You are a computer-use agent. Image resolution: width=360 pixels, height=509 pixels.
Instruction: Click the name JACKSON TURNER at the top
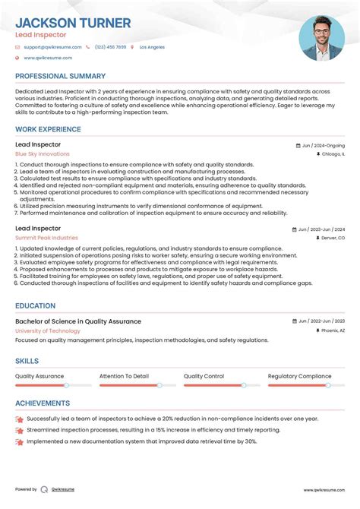tap(73, 24)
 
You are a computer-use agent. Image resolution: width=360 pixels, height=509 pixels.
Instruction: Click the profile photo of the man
tap(321, 38)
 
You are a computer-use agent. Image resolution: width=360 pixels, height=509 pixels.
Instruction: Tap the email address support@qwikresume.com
tap(47, 47)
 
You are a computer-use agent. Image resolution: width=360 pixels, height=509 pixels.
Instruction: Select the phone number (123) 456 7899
tap(111, 47)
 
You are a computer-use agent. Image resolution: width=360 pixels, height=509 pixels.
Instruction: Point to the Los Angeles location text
tap(151, 47)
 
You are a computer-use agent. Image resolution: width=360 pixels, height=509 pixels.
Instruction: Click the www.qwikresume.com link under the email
tap(48, 58)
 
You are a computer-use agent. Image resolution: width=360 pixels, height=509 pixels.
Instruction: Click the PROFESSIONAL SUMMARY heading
tap(60, 76)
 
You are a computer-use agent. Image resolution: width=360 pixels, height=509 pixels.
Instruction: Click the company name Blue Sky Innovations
tap(42, 154)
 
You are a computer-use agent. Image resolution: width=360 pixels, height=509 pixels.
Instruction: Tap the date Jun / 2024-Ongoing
tap(323, 145)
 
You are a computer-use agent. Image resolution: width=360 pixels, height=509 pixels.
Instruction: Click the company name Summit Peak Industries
tap(46, 238)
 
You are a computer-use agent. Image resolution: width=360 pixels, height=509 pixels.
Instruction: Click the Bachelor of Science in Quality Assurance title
tap(77, 321)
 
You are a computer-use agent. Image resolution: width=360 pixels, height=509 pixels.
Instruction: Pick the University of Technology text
tap(48, 330)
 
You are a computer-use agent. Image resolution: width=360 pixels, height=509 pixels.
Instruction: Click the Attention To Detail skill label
tap(124, 376)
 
